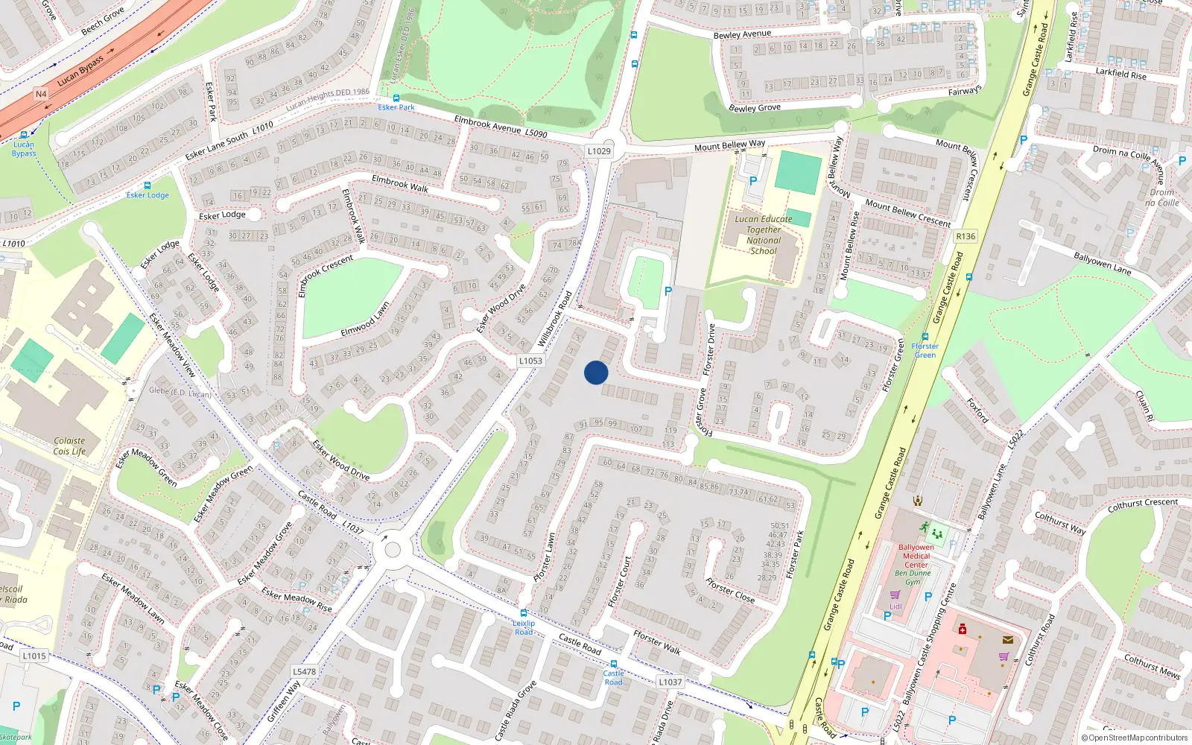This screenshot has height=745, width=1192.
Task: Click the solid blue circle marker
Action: [x=596, y=372]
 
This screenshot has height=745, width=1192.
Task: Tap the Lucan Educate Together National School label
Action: [x=764, y=235]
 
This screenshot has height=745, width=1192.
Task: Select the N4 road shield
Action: [x=41, y=94]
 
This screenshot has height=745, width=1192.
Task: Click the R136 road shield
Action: [x=966, y=236]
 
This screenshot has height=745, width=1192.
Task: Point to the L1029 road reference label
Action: [x=599, y=150]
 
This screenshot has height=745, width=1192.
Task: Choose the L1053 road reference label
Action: [x=530, y=361]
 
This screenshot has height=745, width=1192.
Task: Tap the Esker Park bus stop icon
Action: [x=396, y=98]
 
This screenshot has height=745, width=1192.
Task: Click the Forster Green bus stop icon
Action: [x=925, y=337]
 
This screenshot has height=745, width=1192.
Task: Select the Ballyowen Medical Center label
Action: [x=916, y=556]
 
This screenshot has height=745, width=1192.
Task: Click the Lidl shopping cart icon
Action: [x=895, y=595]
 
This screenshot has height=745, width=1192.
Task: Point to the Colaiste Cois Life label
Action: [x=69, y=446]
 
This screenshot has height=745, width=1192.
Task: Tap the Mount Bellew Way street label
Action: [x=729, y=145]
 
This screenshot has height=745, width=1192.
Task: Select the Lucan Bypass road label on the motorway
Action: [x=80, y=71]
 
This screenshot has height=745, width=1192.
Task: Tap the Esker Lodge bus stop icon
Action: [x=148, y=186]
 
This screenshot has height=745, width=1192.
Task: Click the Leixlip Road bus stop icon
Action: [x=524, y=613]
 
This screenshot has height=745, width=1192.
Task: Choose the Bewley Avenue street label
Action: [x=742, y=34]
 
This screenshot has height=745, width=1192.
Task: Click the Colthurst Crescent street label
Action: [x=1143, y=504]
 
